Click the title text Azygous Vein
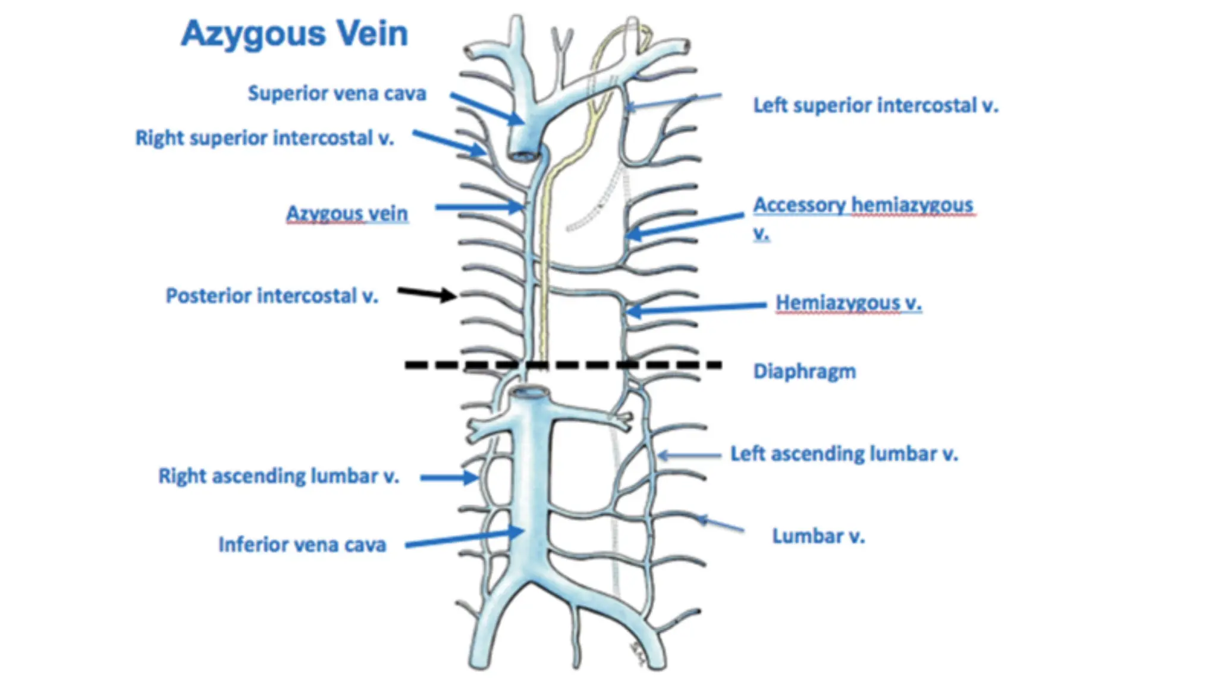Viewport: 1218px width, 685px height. pos(294,34)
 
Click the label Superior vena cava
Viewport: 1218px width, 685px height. pos(337,93)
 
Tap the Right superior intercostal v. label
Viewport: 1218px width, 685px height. pos(265,138)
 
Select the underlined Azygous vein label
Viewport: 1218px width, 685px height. pos(347,213)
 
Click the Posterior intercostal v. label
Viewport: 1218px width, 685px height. pos(272,296)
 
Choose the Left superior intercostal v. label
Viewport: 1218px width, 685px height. pos(875,106)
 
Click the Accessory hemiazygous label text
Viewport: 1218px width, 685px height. pos(862,205)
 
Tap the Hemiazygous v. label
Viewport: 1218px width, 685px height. pos(848,303)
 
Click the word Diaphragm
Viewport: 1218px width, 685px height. pos(804,371)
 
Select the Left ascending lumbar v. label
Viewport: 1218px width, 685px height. pos(844,454)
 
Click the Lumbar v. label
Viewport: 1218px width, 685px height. pos(818,536)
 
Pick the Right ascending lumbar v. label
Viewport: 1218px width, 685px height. pos(278,476)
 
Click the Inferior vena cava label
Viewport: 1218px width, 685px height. pos(302,544)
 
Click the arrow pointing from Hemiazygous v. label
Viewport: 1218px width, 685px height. pos(696,308)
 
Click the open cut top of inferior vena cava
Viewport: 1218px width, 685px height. pos(530,392)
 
